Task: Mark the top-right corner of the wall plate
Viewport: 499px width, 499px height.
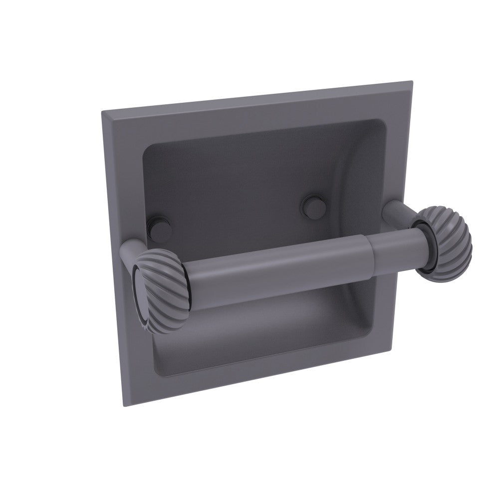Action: pos(412,81)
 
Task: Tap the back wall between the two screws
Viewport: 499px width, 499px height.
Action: pos(235,200)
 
